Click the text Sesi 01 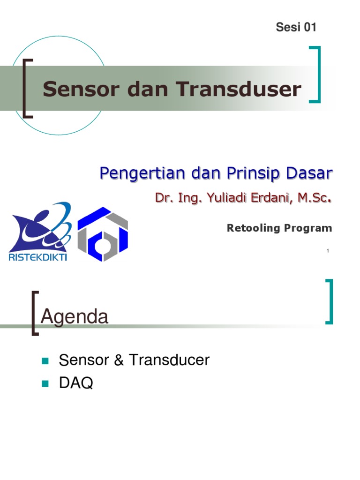[x=296, y=27]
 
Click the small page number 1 [x=328, y=252]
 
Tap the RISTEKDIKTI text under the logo [x=38, y=257]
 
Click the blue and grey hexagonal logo [x=103, y=233]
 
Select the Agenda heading [x=75, y=317]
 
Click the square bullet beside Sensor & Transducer [x=45, y=361]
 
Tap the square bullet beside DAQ [x=45, y=384]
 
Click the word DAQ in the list [x=76, y=383]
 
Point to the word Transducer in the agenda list [x=169, y=360]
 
